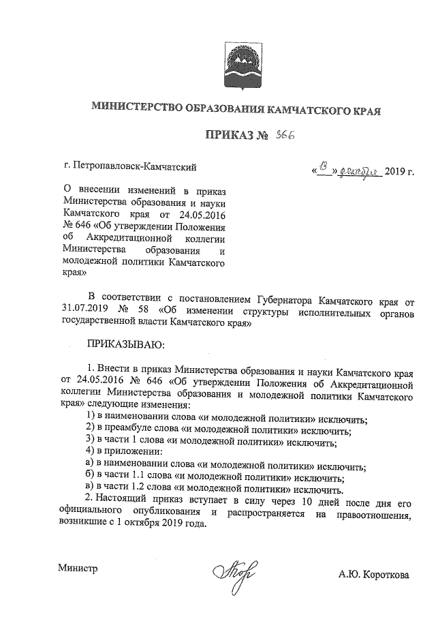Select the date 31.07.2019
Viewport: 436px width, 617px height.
click(x=84, y=313)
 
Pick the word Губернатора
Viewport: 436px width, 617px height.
click(x=289, y=301)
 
